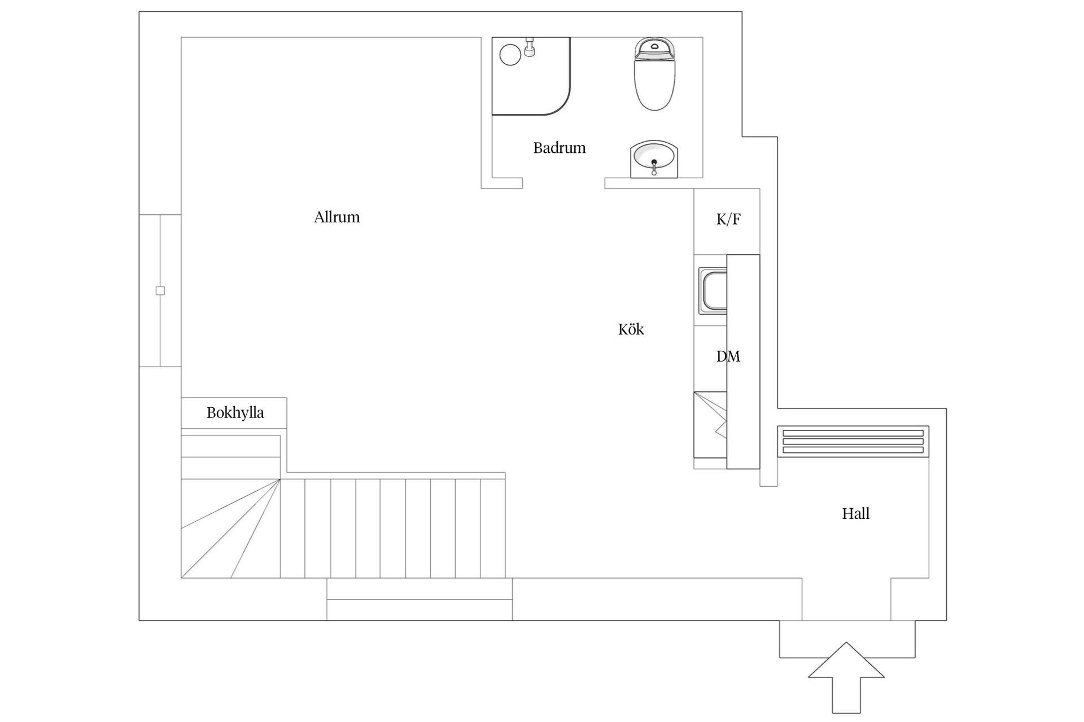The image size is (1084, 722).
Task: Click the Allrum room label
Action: (336, 217)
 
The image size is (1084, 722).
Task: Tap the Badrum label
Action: (560, 148)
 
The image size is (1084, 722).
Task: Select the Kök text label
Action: (631, 329)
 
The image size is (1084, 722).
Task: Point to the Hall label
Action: (855, 513)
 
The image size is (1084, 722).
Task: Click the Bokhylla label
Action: (235, 413)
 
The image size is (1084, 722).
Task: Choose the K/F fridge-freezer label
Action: (728, 219)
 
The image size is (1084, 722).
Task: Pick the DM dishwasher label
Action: (728, 356)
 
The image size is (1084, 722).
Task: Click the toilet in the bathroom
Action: (655, 74)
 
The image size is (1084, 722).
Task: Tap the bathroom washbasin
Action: (654, 160)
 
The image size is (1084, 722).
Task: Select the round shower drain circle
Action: (510, 55)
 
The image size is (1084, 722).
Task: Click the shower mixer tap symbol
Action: (530, 47)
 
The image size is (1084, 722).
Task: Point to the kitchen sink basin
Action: (713, 290)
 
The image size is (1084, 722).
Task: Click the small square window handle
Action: (160, 291)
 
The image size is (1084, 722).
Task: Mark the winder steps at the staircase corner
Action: (230, 529)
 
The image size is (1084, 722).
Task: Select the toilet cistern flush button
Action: (655, 45)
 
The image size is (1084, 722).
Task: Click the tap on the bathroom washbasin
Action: (654, 167)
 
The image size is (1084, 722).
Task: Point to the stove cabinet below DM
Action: (710, 425)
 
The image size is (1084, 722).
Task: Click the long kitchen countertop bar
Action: (743, 362)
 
